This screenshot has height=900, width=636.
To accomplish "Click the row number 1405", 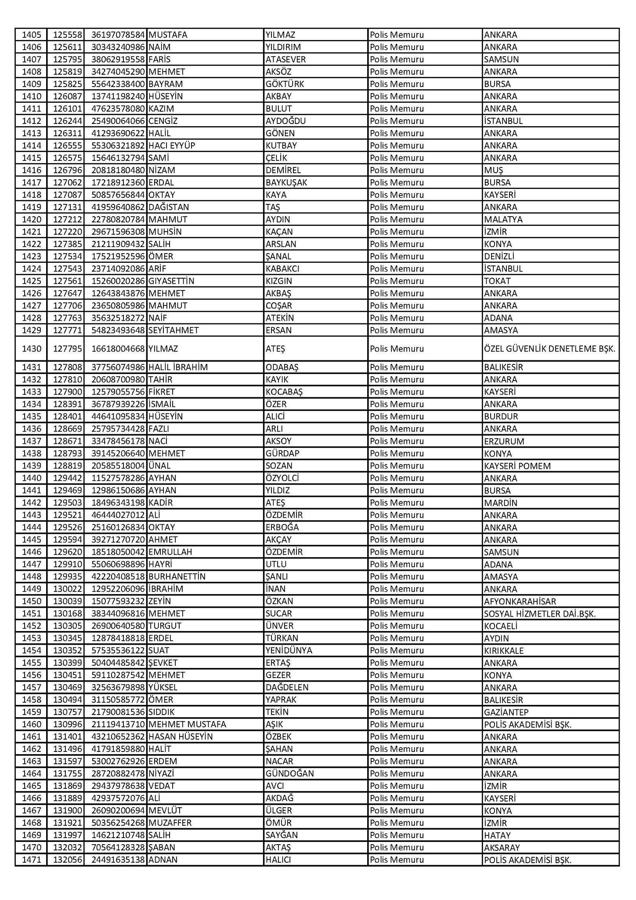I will [31, 35].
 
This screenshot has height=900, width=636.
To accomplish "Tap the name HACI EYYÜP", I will [172, 145].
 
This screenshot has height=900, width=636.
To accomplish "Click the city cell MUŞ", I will [493, 170].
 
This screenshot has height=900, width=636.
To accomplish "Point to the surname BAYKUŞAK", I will [286, 182].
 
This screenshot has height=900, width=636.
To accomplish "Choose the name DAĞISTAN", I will [169, 207].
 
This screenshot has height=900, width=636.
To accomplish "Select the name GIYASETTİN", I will [171, 281].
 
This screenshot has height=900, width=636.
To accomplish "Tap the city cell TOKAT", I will [497, 281].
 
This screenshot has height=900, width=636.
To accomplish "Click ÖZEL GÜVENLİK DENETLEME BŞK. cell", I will [549, 349].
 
